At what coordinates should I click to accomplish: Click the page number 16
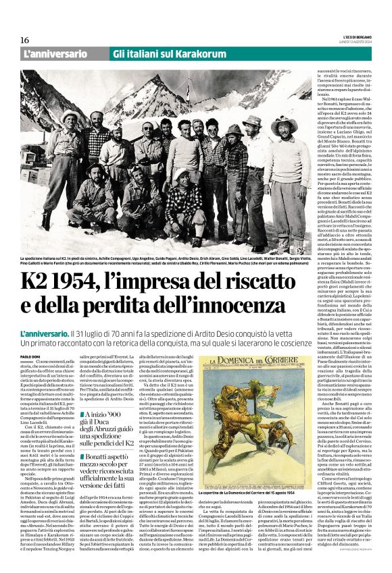point(25,40)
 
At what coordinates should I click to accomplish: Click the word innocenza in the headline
point(251,307)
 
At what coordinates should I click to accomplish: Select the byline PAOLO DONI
point(31,357)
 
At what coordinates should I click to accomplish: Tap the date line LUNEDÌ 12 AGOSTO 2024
point(353,42)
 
